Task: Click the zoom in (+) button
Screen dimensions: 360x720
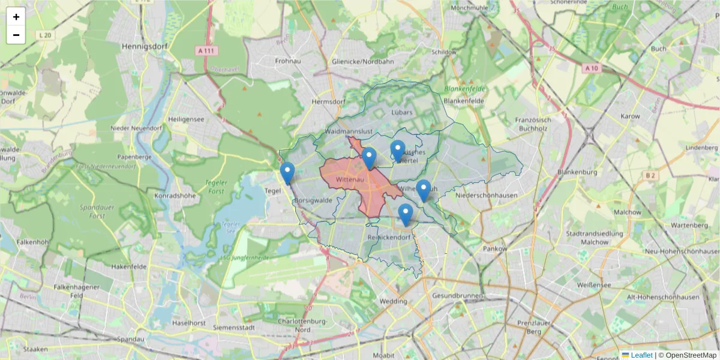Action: click(16, 17)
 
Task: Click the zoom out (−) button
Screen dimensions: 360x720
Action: click(16, 35)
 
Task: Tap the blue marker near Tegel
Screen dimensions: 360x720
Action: click(288, 173)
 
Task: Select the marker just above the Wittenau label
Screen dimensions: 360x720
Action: click(369, 158)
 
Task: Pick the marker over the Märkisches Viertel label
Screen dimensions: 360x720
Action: click(398, 150)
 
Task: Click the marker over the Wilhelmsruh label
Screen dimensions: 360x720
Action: click(424, 190)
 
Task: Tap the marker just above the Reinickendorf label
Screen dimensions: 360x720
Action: click(406, 214)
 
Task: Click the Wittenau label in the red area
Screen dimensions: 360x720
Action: click(351, 179)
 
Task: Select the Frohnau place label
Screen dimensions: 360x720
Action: click(287, 61)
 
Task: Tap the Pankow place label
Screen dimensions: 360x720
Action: click(495, 248)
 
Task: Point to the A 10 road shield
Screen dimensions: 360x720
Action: click(591, 68)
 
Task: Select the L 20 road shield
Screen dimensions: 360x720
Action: click(44, 35)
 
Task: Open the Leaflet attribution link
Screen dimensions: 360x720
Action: click(641, 355)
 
